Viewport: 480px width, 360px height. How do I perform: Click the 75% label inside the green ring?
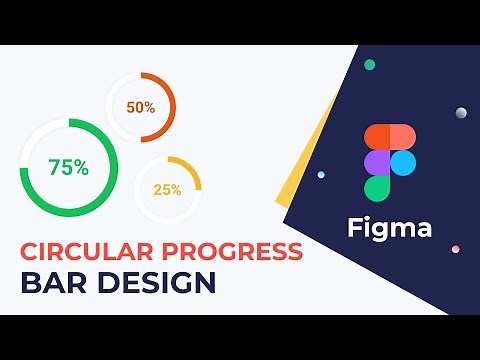(x=68, y=168)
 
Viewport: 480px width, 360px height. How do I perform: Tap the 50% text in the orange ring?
(x=140, y=107)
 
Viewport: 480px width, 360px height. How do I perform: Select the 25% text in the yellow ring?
(x=167, y=190)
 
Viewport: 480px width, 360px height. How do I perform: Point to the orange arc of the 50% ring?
(x=171, y=108)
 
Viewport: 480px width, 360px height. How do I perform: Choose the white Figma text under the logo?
(x=390, y=228)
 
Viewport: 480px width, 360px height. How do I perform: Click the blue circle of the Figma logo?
(x=402, y=162)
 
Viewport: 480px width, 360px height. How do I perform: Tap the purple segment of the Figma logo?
(x=377, y=162)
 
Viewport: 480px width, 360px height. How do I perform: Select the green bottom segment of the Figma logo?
(x=377, y=187)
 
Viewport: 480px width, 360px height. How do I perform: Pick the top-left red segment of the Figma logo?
(x=377, y=137)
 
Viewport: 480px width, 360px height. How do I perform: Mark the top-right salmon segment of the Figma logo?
(x=402, y=137)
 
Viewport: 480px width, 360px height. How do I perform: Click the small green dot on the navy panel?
(x=370, y=65)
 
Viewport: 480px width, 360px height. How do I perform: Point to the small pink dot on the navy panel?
(x=455, y=249)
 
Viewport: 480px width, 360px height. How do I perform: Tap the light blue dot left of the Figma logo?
(x=321, y=175)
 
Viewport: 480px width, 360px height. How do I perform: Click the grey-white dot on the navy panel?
(x=461, y=112)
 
